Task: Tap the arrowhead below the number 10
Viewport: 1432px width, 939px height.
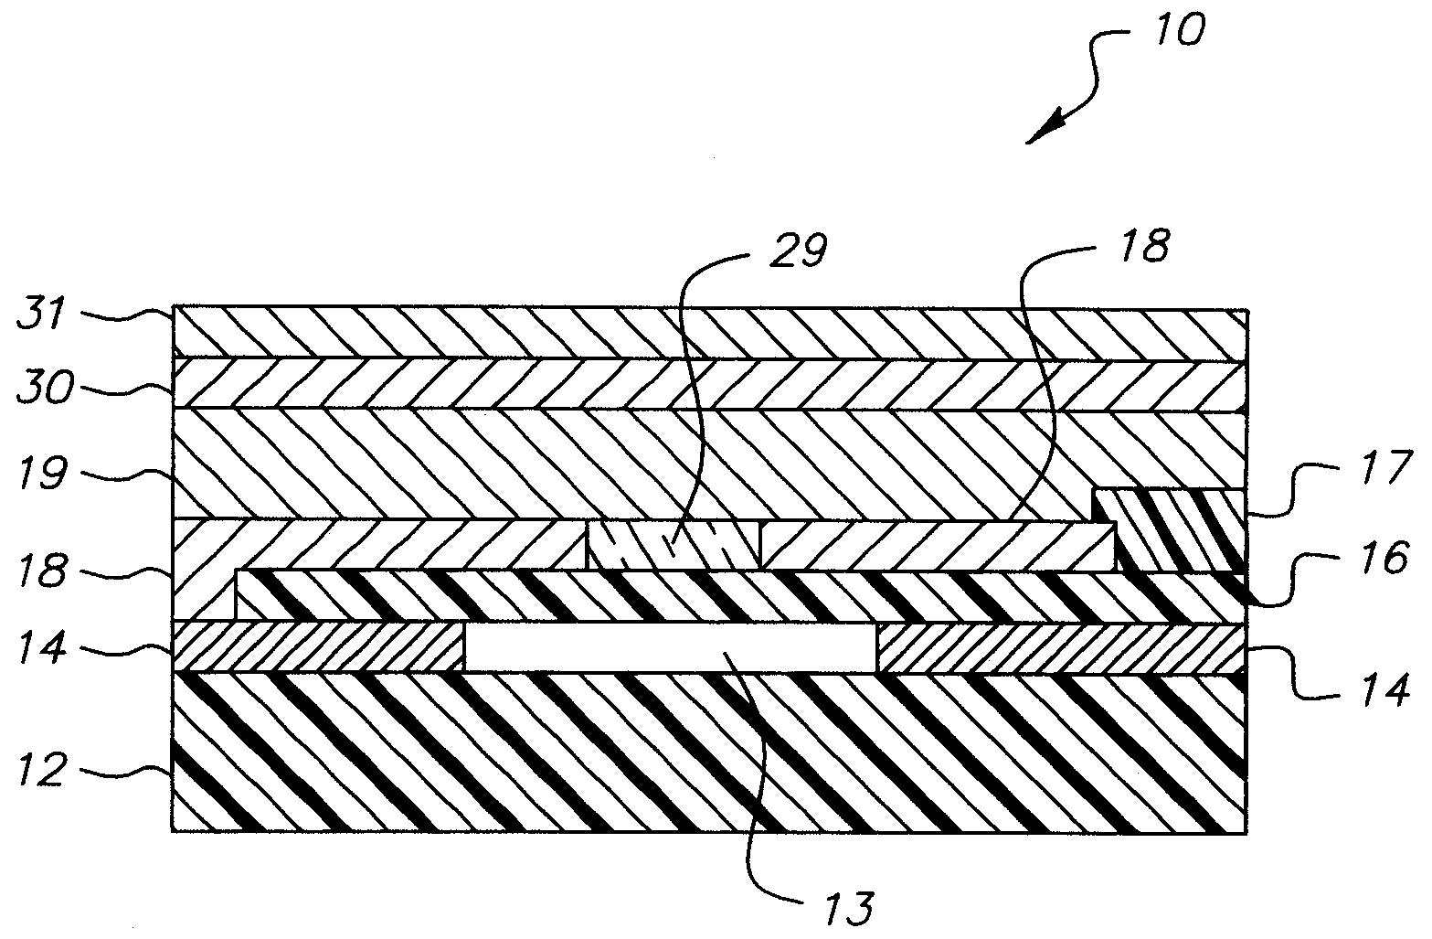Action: pyautogui.click(x=1042, y=131)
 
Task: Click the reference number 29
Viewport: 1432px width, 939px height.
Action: pyautogui.click(x=798, y=250)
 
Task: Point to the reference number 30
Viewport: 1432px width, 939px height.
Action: pyautogui.click(x=43, y=389)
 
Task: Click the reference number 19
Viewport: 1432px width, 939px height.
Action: pyautogui.click(x=41, y=473)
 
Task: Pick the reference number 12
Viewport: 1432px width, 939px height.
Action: pyautogui.click(x=42, y=770)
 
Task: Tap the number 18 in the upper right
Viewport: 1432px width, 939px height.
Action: pyautogui.click(x=1142, y=247)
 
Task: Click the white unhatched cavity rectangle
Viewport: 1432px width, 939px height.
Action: pyautogui.click(x=670, y=647)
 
